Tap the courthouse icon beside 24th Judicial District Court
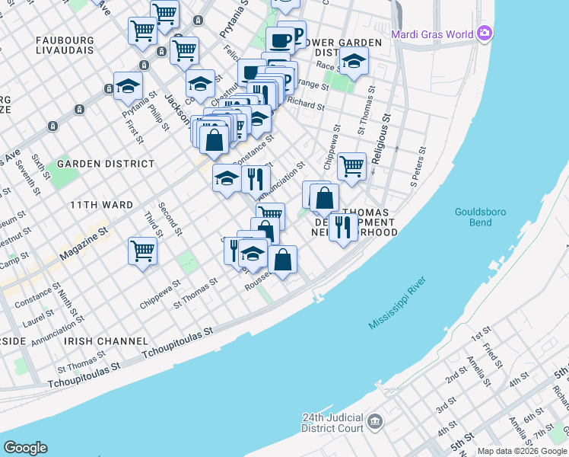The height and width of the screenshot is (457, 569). click(x=374, y=421)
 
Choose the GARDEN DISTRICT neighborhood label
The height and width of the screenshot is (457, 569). click(x=95, y=163)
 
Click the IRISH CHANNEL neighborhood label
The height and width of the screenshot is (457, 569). click(x=106, y=340)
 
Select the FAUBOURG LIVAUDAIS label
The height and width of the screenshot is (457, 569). click(x=65, y=43)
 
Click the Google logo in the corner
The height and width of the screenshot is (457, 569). click(x=25, y=448)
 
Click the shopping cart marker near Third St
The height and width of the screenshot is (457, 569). click(x=142, y=250)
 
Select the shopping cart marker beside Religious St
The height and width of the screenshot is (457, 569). click(x=351, y=165)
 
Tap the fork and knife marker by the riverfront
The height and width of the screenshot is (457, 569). click(x=344, y=227)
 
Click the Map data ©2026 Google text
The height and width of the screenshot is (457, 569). click(x=523, y=451)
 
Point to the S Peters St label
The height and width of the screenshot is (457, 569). click(x=416, y=171)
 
